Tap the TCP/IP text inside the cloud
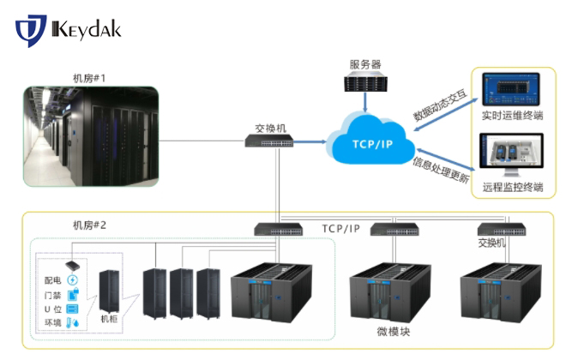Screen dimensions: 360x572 [370, 142]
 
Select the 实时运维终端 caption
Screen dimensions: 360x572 [513, 114]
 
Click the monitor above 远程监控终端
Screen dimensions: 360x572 [512, 159]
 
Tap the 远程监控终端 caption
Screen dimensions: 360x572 [513, 186]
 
